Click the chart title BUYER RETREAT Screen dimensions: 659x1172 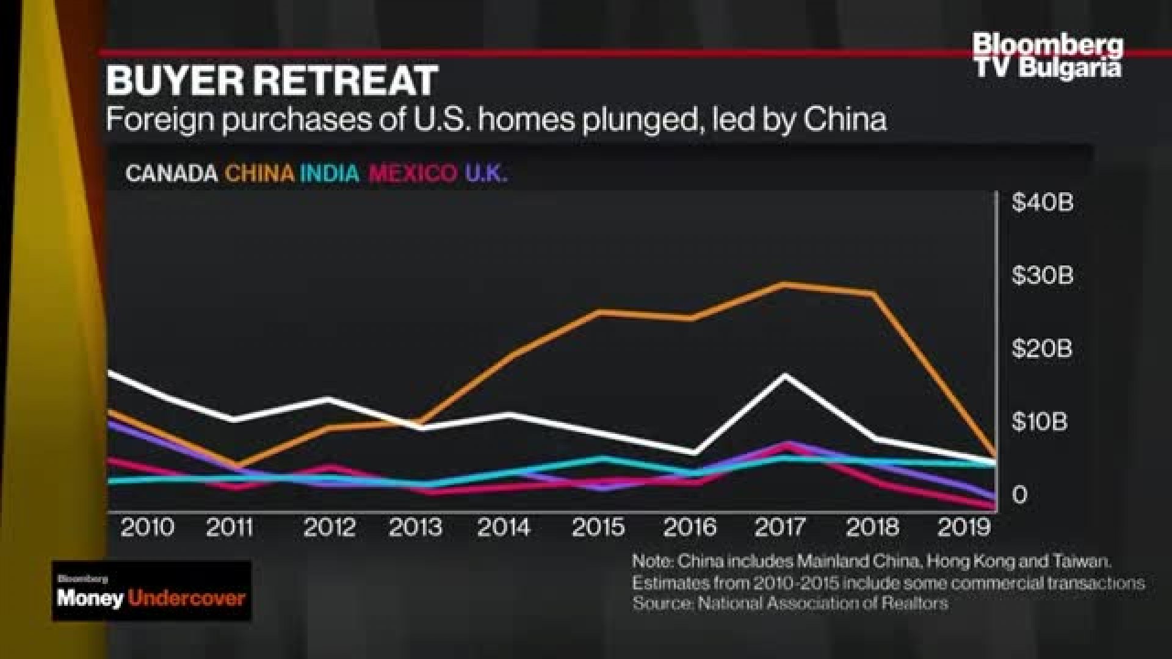coord(272,81)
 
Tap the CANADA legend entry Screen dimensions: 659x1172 coord(171,174)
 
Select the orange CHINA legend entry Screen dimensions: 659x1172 coord(259,174)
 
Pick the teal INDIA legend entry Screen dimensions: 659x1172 coord(330,174)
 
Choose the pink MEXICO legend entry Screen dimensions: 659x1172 coord(413,174)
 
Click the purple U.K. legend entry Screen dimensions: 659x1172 coord(486,174)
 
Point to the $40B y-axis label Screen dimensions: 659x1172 coord(1042,203)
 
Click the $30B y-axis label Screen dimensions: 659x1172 coord(1042,276)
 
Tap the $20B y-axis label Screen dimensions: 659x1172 coord(1042,349)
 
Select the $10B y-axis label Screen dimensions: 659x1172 coord(1040,422)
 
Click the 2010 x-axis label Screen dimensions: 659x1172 coord(147,527)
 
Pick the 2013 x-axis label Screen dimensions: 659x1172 coord(415,527)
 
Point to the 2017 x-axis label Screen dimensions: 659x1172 coord(780,527)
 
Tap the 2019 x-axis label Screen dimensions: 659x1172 coord(963,527)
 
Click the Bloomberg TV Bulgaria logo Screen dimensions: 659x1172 coord(1047,56)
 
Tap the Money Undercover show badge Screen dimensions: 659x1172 coord(151,591)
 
